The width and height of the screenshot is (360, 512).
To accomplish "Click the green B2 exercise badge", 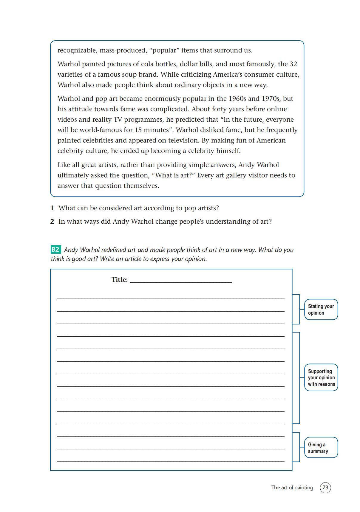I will pos(55,250).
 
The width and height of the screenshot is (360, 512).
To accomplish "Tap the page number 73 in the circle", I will pos(325,488).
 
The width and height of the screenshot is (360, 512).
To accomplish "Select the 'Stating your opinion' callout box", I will pos(321,310).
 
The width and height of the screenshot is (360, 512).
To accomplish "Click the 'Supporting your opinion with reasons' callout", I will pos(321,378).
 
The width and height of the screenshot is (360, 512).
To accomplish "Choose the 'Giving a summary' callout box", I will pos(321,448).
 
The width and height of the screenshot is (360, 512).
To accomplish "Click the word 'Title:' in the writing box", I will pos(119,280).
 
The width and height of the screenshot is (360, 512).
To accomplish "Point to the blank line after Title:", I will pos(181,280).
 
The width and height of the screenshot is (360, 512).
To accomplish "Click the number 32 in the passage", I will pos(293,64).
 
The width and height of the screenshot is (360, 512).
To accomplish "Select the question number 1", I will pos(52,208).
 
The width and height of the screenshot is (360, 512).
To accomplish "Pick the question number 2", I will pos(52,222).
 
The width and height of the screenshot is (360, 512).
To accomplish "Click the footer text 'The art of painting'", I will pos(292,488).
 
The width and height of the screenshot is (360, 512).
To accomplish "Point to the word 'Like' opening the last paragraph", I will pos(64,165).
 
